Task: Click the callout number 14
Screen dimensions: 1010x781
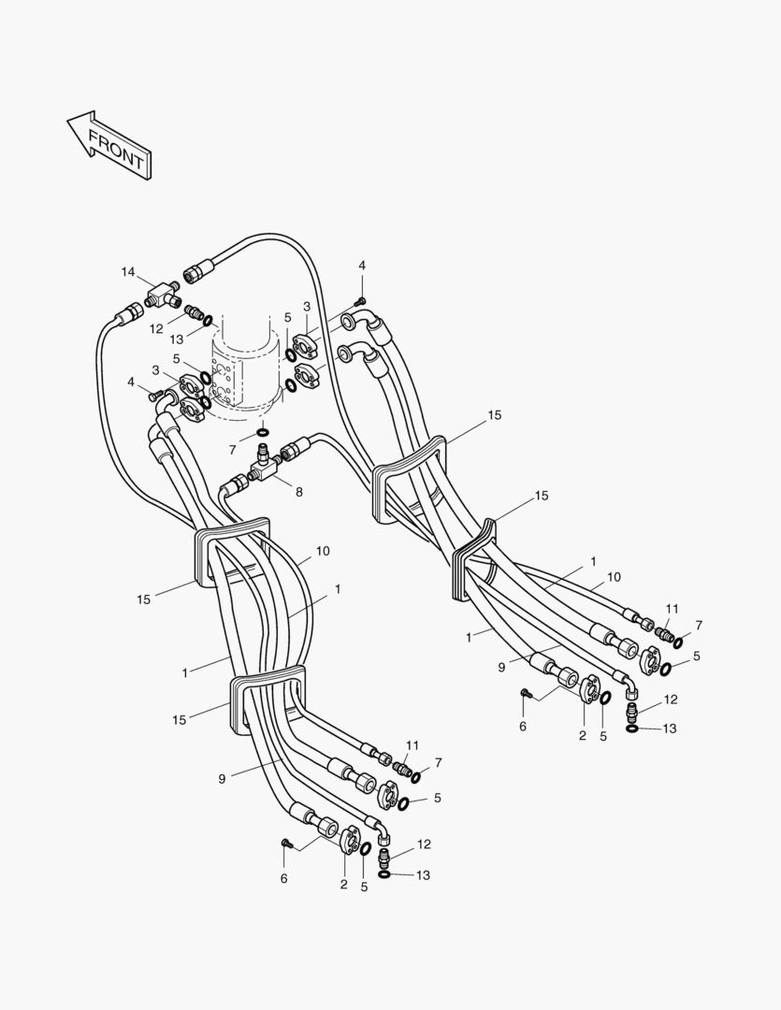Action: [128, 271]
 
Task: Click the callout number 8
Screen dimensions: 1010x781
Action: [298, 491]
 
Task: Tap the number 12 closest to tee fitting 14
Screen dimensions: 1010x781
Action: [156, 328]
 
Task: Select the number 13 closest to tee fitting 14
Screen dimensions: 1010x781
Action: [177, 339]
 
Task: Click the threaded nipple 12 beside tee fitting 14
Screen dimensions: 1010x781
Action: [194, 310]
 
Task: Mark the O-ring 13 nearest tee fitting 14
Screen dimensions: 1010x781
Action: [208, 320]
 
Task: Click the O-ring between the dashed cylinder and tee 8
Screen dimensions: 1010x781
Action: [263, 434]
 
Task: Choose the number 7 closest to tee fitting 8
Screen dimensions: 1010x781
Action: [232, 450]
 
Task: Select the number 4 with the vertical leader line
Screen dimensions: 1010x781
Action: [362, 266]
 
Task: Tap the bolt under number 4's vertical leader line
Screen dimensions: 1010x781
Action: [361, 300]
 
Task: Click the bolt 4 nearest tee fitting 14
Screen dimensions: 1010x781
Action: [155, 396]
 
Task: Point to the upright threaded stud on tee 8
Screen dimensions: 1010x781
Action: [264, 454]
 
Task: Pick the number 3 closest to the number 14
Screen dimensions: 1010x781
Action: [155, 370]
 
